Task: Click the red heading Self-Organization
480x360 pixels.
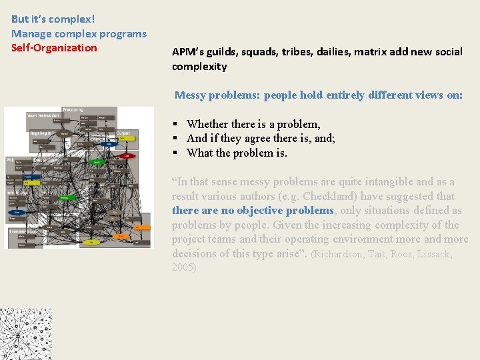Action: click(54, 48)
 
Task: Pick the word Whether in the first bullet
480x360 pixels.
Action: click(207, 124)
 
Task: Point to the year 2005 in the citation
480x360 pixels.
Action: click(183, 268)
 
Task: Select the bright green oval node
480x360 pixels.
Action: click(97, 161)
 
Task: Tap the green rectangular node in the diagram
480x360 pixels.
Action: click(65, 197)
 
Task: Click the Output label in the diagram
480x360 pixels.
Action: click(124, 133)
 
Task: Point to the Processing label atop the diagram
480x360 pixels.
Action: click(73, 110)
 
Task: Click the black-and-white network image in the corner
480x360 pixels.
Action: click(25, 333)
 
